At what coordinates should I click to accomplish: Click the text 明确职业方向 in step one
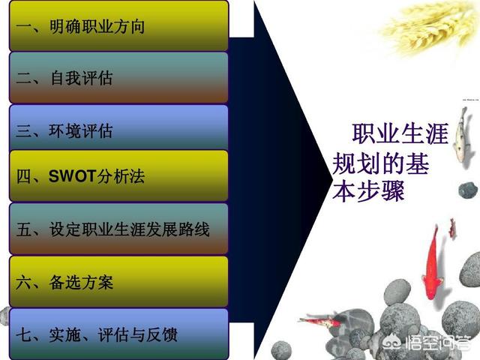coord(97,27)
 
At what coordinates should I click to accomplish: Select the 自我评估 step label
coord(82,78)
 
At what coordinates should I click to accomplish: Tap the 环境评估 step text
coord(81,130)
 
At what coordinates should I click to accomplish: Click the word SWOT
coord(73,176)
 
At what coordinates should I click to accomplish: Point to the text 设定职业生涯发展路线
coord(130,229)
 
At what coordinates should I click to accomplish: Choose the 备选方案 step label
coord(82,282)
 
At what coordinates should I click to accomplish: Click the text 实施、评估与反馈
coord(113,334)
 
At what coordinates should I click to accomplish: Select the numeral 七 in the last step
coord(24,334)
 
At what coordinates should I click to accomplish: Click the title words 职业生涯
coord(400,133)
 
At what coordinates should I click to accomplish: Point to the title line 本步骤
coord(368,191)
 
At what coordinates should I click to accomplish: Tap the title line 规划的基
coord(381,163)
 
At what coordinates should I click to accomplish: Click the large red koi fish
coord(432,263)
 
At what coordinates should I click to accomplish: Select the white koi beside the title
coord(461,135)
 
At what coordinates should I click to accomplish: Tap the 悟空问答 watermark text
coord(437,343)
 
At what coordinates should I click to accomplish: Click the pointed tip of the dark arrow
coord(332,179)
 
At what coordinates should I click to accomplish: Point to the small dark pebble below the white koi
coord(468,190)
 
